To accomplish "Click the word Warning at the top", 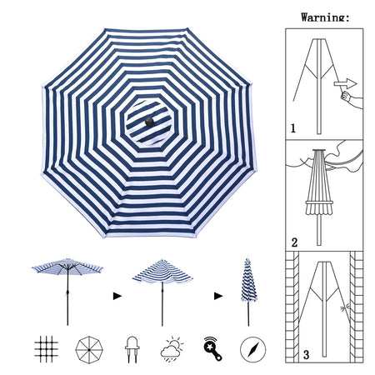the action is coord(323,17).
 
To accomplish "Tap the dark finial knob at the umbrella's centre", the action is coord(149,122).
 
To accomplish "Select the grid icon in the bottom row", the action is coord(46,349).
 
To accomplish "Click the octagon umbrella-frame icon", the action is coord(89,349).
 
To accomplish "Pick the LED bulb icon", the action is coord(132,349).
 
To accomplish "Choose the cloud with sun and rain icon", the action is coord(172,349).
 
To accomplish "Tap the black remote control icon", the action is coord(212,348).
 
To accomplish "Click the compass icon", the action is coord(252,350).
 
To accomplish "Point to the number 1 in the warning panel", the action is coord(292,128).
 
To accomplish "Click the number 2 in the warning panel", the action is coord(294,242).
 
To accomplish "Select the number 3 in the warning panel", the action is coord(306,355).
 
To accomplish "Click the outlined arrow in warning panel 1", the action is coord(345,83).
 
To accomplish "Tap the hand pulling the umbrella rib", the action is coord(352,98).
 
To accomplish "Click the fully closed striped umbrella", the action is coord(248,281).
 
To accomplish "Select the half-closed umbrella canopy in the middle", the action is coord(162,272).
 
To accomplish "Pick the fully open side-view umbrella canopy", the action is coord(67,266).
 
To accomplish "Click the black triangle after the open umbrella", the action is coord(117,296).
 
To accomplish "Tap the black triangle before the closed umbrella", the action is coord(218,296).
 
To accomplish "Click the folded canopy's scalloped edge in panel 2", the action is coord(319,208).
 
